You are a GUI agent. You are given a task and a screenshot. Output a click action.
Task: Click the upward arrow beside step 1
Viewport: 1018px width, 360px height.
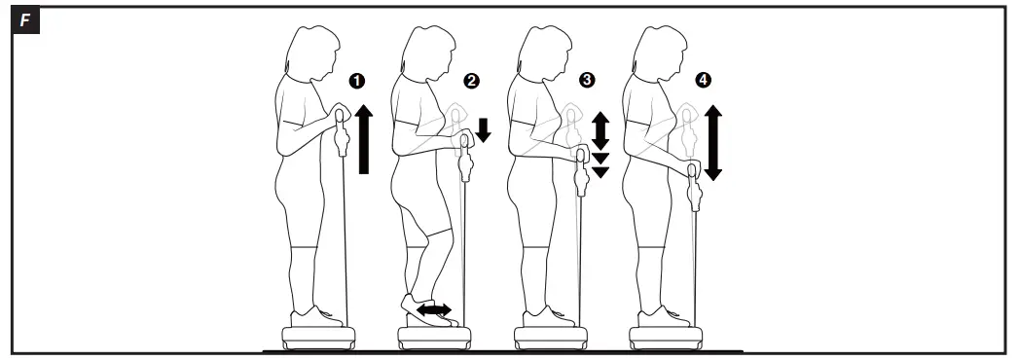pyautogui.click(x=365, y=140)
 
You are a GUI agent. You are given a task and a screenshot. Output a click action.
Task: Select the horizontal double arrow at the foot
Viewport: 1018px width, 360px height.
pyautogui.click(x=434, y=309)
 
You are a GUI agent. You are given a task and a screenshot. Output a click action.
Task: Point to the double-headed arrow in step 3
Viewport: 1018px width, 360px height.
pyautogui.click(x=600, y=128)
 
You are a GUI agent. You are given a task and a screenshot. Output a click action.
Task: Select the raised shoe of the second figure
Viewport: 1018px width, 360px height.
pyautogui.click(x=426, y=310)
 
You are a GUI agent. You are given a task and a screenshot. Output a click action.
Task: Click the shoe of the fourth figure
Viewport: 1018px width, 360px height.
pyautogui.click(x=661, y=316)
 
